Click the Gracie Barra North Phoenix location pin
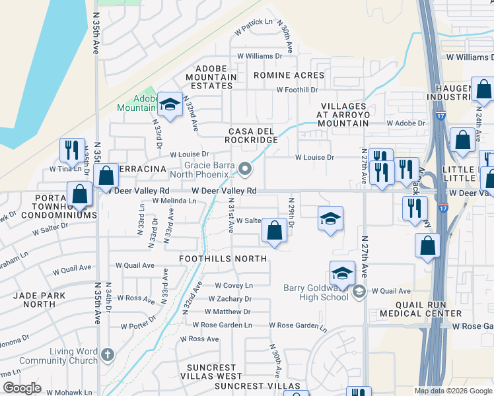[x=246, y=170]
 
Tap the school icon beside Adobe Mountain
[x=170, y=105]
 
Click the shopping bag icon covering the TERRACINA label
[x=106, y=176]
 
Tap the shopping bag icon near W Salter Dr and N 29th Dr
[x=274, y=231]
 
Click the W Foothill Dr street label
[x=297, y=90]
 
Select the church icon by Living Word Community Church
[x=108, y=355]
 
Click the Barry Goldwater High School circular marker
[x=359, y=291]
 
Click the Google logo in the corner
[x=22, y=388]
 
